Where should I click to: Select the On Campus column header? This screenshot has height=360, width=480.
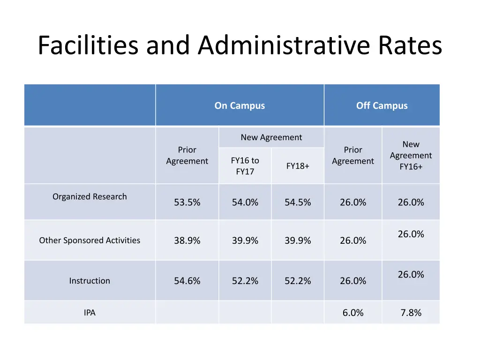pos(240,105)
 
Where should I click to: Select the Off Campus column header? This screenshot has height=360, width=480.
pos(382,105)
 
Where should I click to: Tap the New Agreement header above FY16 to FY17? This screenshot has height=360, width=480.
pos(271,137)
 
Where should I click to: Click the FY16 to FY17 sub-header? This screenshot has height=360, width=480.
pos(245,166)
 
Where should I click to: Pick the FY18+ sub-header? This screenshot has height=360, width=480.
pos(298,166)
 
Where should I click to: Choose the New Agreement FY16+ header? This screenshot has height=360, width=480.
pos(411,155)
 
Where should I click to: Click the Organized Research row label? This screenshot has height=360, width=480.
pos(90,196)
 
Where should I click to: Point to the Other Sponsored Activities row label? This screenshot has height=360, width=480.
pos(90,240)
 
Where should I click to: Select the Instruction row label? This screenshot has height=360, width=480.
pos(90,281)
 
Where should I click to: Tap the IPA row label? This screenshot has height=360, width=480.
pos(90,313)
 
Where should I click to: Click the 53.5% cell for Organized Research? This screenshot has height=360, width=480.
pos(187,202)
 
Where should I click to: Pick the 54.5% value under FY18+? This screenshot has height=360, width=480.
pos(298,202)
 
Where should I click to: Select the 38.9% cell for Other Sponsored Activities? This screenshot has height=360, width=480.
pos(187,240)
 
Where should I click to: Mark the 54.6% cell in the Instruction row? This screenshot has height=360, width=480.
pos(187,281)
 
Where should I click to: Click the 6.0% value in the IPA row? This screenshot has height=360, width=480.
pos(353,313)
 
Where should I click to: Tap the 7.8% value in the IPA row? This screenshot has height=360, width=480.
pos(411,313)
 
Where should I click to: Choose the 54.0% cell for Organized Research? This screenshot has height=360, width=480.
pos(245,202)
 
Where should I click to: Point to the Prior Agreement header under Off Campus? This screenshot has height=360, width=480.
pos(353,155)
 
